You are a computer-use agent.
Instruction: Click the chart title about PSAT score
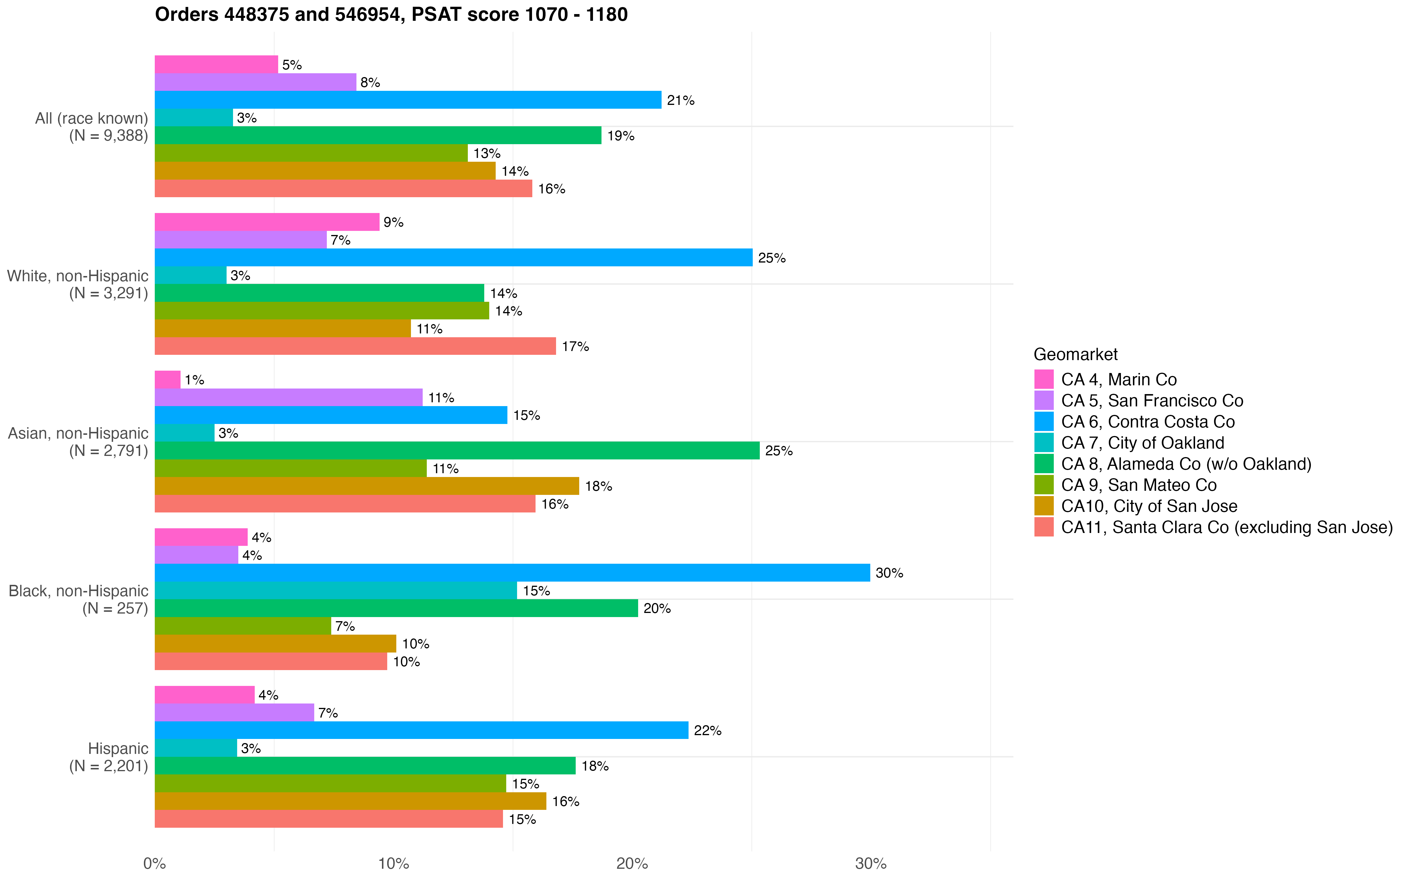tap(391, 15)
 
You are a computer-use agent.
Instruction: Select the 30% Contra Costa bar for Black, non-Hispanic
tap(512, 573)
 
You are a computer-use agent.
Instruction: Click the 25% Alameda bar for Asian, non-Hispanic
tap(456, 451)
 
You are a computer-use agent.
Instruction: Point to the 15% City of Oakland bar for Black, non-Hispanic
tap(335, 591)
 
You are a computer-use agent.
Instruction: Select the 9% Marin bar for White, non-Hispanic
tap(267, 222)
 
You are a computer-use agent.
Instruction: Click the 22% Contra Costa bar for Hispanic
tap(421, 730)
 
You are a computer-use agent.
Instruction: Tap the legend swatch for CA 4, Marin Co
tap(1044, 379)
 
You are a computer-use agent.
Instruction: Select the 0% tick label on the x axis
tap(155, 863)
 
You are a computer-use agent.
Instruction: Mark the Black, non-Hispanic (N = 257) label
tap(79, 599)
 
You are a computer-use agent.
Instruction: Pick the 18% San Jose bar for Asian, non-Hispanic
tap(366, 486)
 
